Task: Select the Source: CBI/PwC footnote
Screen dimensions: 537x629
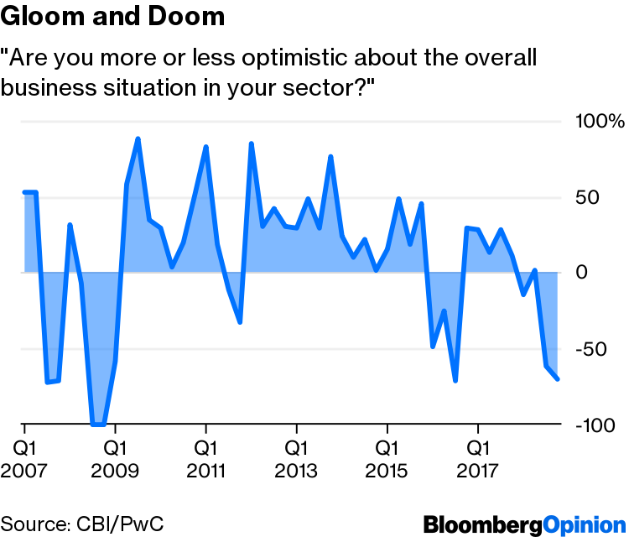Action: tap(81, 524)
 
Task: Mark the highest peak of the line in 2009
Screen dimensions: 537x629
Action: tap(138, 139)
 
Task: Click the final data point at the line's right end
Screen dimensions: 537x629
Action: tap(558, 379)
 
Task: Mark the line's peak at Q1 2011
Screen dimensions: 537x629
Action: tap(205, 147)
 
